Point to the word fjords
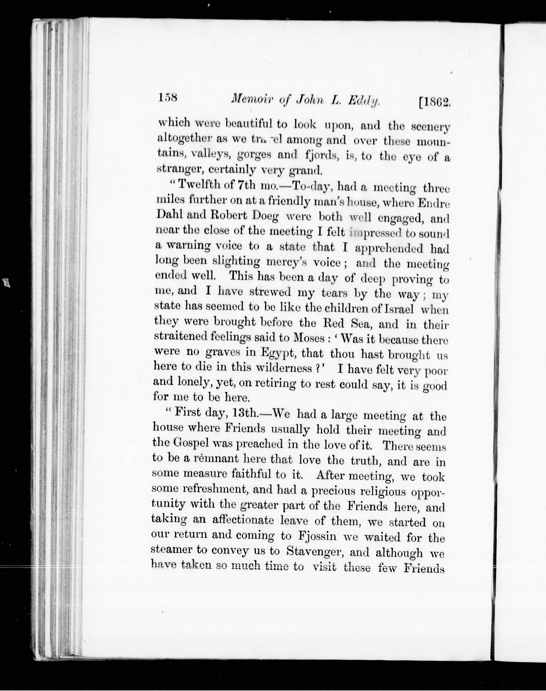323,155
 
